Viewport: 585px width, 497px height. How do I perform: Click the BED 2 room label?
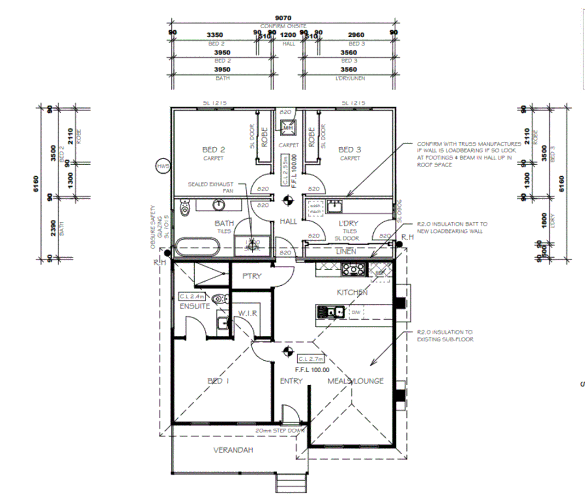tap(213, 150)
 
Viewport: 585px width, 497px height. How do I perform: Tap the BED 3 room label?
tap(349, 150)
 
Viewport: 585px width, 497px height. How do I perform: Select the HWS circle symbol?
tap(163, 166)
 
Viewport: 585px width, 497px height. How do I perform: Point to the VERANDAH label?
tap(233, 450)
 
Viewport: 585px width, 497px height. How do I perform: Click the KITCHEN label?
tap(352, 292)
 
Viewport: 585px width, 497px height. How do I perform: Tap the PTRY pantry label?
tap(251, 276)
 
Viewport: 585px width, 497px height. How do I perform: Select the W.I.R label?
tap(248, 313)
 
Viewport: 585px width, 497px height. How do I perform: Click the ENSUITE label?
tap(195, 306)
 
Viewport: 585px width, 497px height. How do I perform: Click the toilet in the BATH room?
tap(185, 208)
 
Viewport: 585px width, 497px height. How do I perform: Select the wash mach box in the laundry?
tap(315, 208)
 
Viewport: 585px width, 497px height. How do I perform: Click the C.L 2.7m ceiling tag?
tap(311, 359)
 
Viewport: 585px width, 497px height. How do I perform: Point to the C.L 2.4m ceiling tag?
tap(191, 297)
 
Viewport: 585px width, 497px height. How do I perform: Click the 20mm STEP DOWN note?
tap(279, 431)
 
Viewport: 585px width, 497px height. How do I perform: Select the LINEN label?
tap(346, 251)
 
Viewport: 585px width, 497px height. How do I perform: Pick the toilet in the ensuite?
tap(220, 299)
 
